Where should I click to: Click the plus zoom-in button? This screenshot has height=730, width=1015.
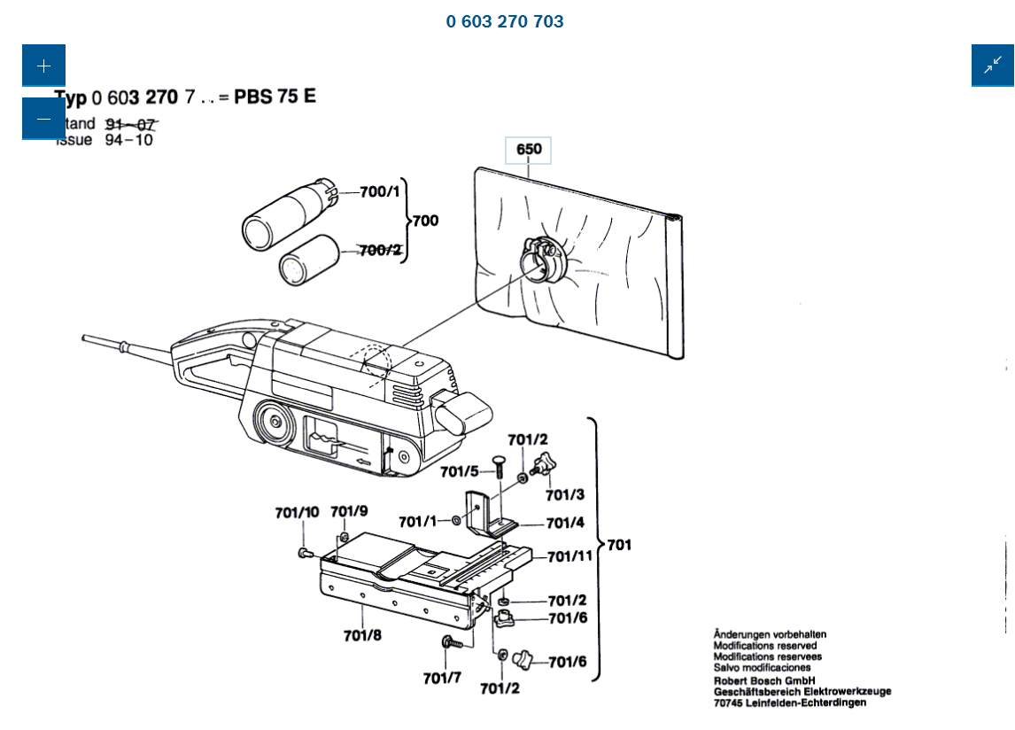click(43, 66)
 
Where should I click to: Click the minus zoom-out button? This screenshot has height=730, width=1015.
click(43, 119)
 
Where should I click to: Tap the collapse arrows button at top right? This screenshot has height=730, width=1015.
click(993, 66)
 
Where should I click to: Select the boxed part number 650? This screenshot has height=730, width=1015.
click(529, 150)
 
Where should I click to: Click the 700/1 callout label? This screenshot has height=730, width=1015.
click(380, 192)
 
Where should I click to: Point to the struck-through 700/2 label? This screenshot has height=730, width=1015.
click(380, 251)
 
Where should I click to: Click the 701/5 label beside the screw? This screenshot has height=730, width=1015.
click(460, 471)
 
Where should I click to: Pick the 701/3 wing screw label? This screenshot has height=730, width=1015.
click(565, 494)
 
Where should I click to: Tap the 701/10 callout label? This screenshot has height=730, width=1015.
click(297, 512)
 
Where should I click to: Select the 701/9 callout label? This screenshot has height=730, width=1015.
click(349, 512)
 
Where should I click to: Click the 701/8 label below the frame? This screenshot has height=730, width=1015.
click(362, 634)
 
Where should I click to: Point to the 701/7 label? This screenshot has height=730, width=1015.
click(442, 679)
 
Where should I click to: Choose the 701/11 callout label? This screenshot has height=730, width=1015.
click(569, 557)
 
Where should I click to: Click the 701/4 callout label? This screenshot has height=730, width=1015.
click(565, 524)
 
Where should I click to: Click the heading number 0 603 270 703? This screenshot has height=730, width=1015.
click(505, 21)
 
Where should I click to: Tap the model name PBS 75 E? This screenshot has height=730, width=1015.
click(275, 97)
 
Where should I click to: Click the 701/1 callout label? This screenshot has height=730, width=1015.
click(417, 522)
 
